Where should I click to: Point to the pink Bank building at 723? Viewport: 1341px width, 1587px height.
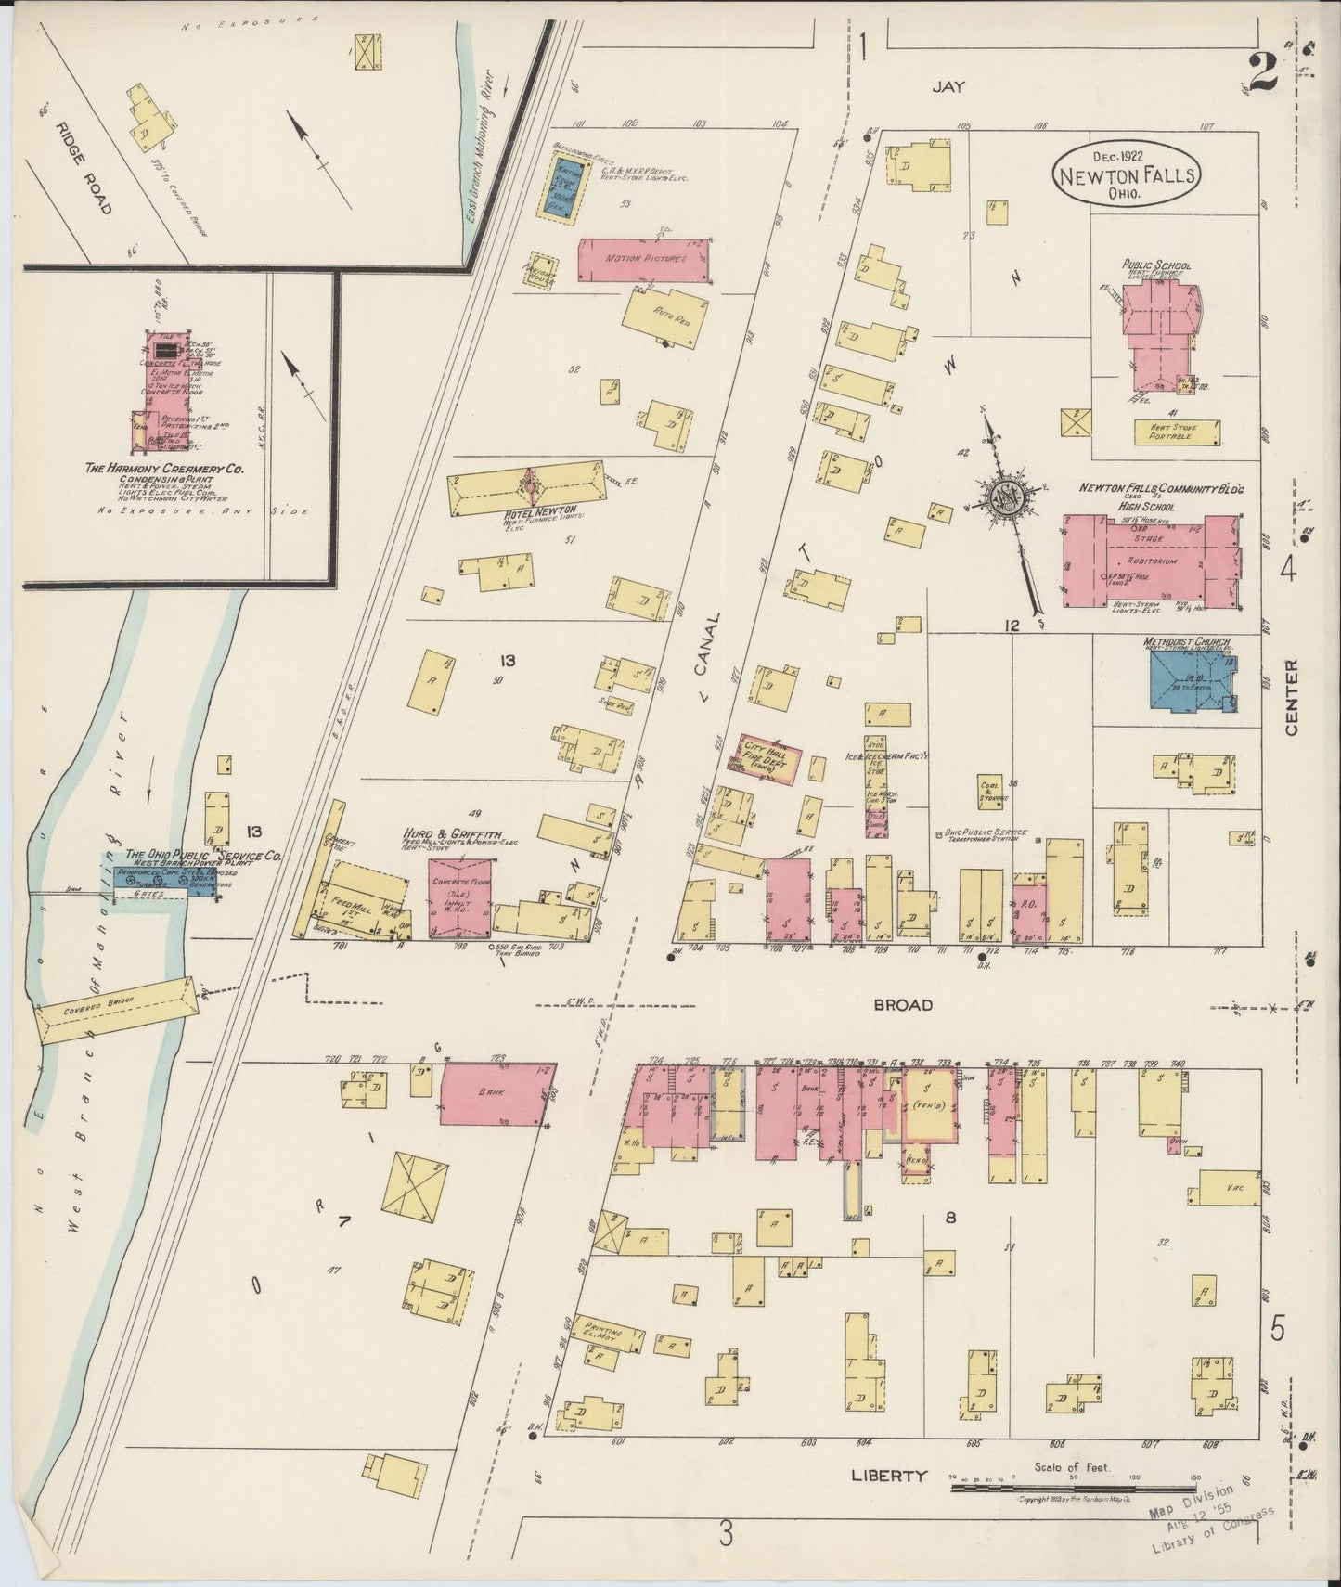pos(493,1094)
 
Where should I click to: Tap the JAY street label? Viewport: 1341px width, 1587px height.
pos(948,86)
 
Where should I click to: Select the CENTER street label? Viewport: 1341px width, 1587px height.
pos(1290,698)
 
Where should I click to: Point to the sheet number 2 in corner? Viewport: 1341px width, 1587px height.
pos(1263,72)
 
